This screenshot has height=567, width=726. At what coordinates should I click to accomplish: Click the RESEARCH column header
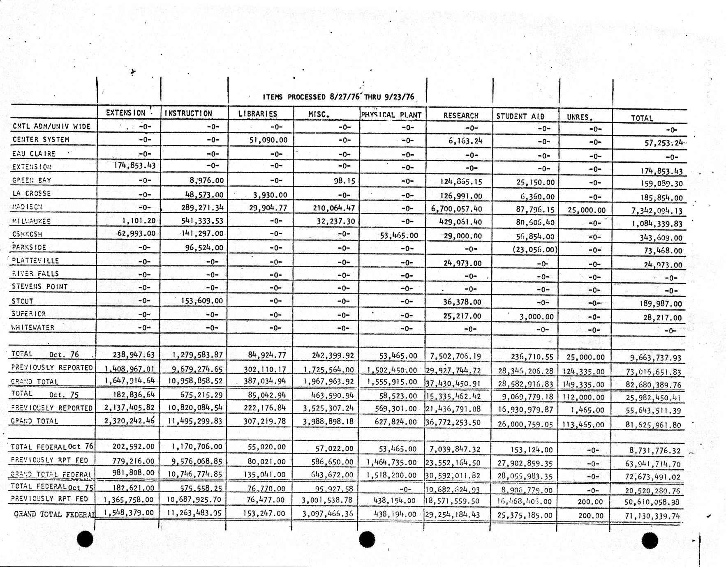(460, 116)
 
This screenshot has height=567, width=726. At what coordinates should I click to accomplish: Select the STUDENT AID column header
(520, 116)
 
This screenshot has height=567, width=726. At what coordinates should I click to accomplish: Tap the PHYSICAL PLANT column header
(391, 115)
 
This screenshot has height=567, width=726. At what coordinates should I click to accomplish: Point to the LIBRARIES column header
(258, 114)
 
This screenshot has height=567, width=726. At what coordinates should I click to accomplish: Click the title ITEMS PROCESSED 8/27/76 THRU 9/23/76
(338, 97)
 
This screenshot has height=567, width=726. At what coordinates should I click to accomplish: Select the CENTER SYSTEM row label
(41, 140)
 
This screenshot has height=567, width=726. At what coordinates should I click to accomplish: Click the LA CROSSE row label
(32, 194)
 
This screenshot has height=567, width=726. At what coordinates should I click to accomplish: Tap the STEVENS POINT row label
(40, 287)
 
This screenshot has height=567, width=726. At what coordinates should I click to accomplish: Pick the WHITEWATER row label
(33, 327)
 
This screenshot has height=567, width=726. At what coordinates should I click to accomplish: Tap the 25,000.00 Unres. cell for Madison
(586, 210)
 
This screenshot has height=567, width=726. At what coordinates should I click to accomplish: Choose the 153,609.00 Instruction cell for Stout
(202, 301)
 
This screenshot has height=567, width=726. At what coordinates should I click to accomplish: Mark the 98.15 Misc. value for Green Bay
(344, 181)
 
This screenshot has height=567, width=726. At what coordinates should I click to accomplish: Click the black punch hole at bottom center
(367, 539)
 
